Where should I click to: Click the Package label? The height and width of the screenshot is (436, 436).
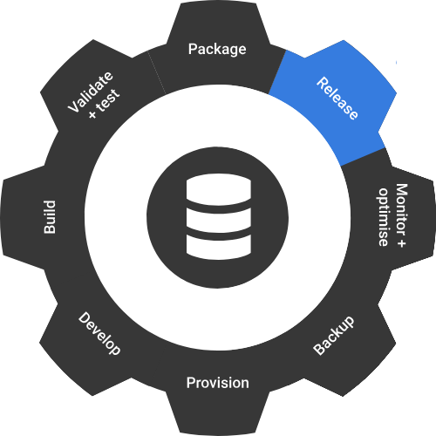coord(217,50)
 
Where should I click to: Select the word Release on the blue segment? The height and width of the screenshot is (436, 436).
coord(337,99)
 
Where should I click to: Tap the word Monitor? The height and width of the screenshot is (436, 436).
coord(402,210)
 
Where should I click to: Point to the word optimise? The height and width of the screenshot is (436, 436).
coord(384,217)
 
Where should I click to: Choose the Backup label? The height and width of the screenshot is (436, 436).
coord(334,335)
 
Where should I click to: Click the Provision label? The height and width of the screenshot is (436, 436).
coord(218,383)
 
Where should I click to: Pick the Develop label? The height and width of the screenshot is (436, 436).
coord(99,333)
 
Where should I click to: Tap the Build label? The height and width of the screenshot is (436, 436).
coord(50,217)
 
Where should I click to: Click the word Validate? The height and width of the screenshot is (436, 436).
coord(90,92)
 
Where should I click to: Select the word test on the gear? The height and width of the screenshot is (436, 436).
coord(108,100)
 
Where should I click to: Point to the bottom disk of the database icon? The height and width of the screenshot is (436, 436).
coord(218,247)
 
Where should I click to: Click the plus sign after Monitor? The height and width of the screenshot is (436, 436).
coord(401,243)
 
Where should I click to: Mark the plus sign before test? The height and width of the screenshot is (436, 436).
coord(92,114)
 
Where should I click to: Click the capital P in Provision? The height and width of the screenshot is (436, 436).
coord(191,383)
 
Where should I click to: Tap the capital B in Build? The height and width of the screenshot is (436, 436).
coord(50,228)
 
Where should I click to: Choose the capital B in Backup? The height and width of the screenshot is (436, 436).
coord(319,349)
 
